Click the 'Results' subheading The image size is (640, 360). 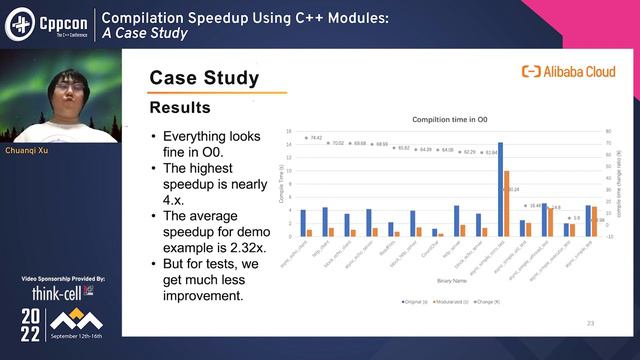180,107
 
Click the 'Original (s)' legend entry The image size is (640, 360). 416,300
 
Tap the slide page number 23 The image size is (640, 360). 590,323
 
